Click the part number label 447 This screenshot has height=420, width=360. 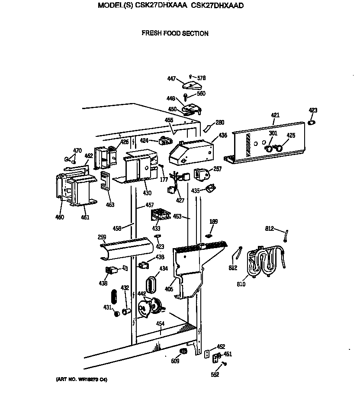(x=171, y=78)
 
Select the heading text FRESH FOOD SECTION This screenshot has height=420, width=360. (x=175, y=33)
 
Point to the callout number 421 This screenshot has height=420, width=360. (x=275, y=115)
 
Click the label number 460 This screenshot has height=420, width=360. (x=59, y=217)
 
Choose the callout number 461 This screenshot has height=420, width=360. (x=85, y=217)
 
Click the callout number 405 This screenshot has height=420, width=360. (x=169, y=288)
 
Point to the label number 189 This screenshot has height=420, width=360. (x=213, y=222)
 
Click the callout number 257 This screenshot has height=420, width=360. (x=217, y=169)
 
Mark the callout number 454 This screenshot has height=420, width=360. (x=160, y=324)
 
